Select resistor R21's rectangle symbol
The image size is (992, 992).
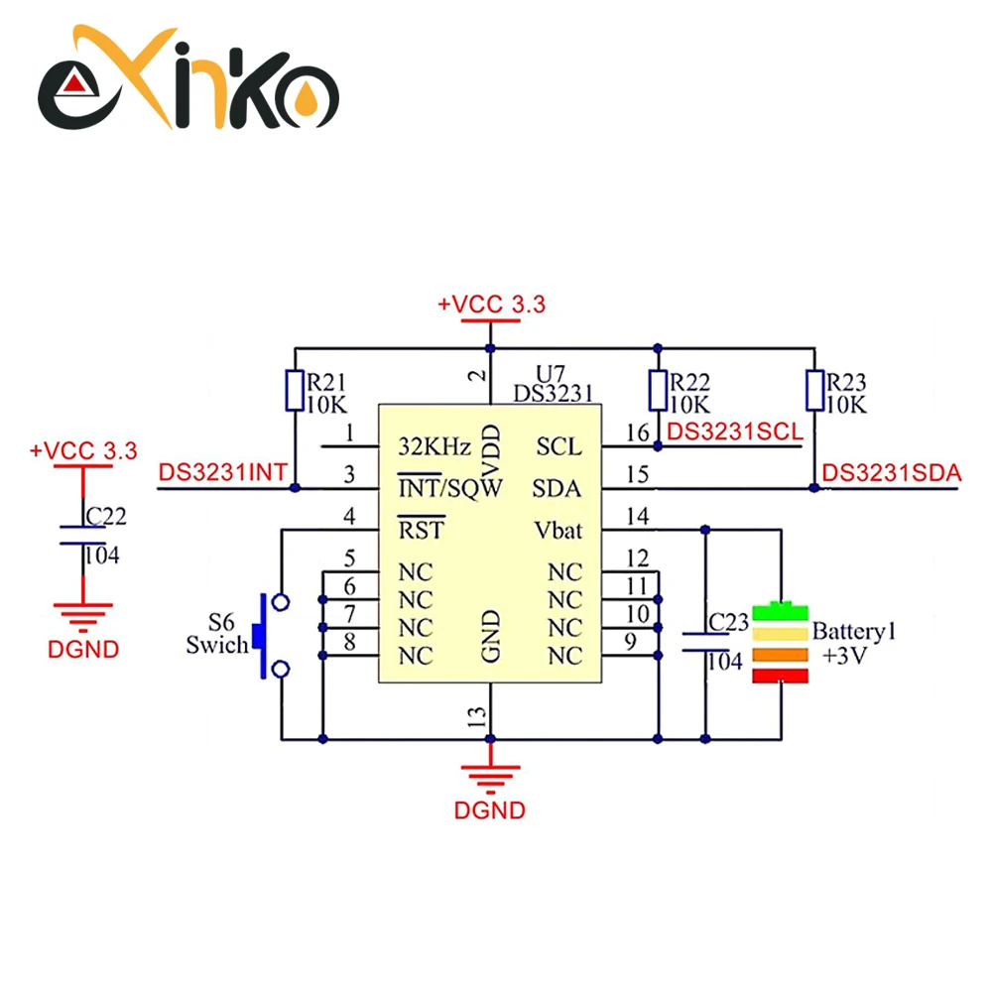click(x=295, y=390)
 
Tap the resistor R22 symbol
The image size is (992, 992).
click(x=658, y=390)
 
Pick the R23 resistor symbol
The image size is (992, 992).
click(x=814, y=390)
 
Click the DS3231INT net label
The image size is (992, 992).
click(x=222, y=472)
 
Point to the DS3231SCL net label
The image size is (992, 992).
click(x=735, y=433)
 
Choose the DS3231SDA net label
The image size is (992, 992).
click(x=892, y=473)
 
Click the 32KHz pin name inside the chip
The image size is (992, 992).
click(x=434, y=446)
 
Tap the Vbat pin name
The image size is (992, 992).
click(x=558, y=530)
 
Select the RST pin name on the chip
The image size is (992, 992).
click(x=422, y=530)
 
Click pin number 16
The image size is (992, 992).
click(x=638, y=433)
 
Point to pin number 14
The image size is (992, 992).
click(x=638, y=516)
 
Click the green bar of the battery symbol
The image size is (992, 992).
click(x=780, y=611)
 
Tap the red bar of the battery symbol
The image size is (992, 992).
click(x=780, y=676)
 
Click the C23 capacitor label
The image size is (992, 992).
click(x=728, y=623)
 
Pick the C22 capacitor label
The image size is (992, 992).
click(x=106, y=516)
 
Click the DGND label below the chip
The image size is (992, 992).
click(x=490, y=810)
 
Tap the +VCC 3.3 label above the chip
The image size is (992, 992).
click(x=491, y=305)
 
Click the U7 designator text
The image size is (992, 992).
click(x=550, y=373)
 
